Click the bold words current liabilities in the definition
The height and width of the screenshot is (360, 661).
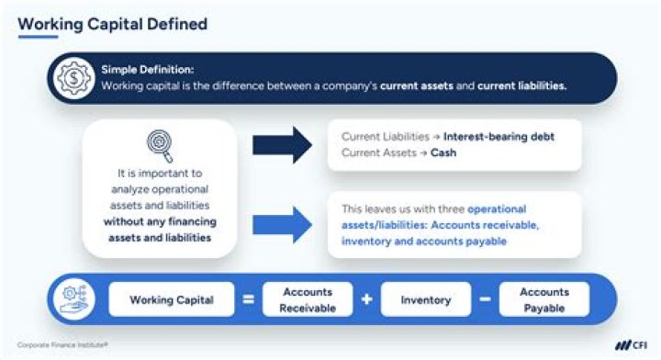pyautogui.click(x=522, y=85)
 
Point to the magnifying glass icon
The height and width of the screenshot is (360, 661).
pyautogui.click(x=160, y=144)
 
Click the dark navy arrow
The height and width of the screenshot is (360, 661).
pyautogui.click(x=284, y=145)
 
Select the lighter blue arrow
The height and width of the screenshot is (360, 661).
pyautogui.click(x=284, y=224)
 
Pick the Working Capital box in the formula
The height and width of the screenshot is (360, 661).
pyautogui.click(x=173, y=300)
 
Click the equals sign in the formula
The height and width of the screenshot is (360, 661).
pyautogui.click(x=249, y=300)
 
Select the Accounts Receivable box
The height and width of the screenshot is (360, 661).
pyautogui.click(x=307, y=300)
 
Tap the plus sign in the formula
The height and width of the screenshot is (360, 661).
pyautogui.click(x=365, y=300)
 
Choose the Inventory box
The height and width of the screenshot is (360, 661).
pyautogui.click(x=425, y=300)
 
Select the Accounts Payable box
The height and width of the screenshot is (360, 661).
pyautogui.click(x=543, y=300)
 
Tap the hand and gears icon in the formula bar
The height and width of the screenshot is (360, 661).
pyautogui.click(x=77, y=300)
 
